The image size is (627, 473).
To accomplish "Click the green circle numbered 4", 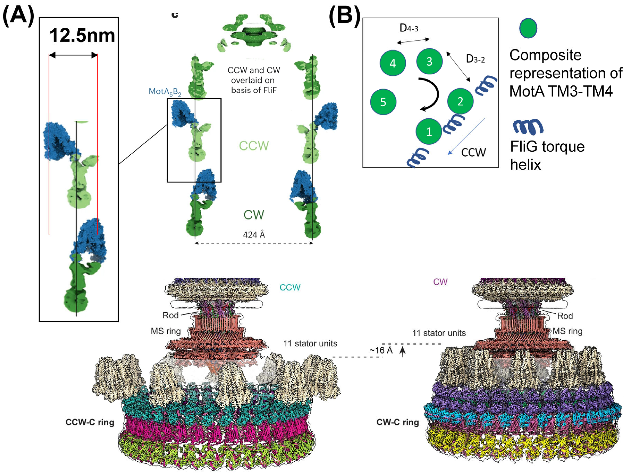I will click(393, 63).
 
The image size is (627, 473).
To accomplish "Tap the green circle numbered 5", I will click(383, 102).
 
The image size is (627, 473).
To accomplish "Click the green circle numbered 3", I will click(429, 61).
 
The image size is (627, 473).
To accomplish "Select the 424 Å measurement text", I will click(254, 235).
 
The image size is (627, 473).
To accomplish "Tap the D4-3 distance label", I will click(409, 28).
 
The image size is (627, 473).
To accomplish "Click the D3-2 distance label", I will click(475, 59).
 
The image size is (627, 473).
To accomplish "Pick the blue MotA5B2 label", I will click(165, 92).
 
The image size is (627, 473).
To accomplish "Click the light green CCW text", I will click(254, 146).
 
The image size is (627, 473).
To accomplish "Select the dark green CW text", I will click(254, 215).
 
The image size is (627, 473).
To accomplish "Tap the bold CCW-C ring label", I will click(90, 422).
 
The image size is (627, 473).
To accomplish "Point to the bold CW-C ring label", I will click(397, 422).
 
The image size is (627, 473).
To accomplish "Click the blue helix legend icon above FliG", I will click(528, 127).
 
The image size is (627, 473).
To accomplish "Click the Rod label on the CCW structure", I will click(170, 315).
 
